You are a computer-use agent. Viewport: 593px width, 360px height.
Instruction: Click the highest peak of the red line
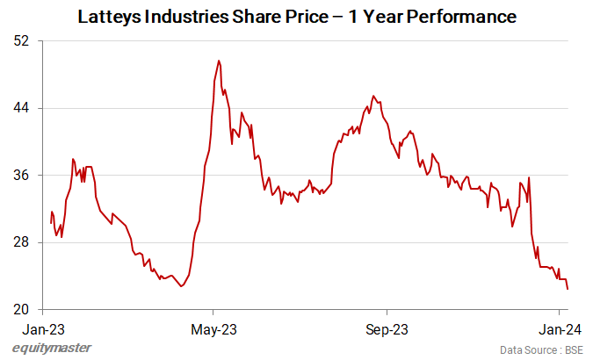click(219, 61)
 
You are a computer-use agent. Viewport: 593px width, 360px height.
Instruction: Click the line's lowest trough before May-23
click(182, 286)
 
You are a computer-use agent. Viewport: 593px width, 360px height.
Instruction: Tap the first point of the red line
click(51, 223)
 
